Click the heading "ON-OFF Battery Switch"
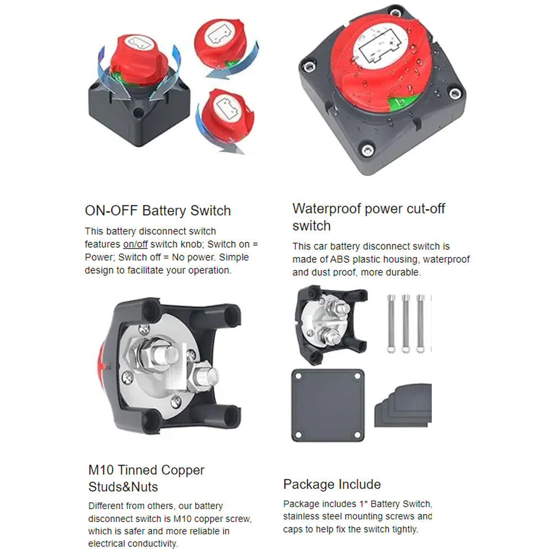pos(158,211)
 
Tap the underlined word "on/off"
pos(135,244)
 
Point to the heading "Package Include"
pos(332,484)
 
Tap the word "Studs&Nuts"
pos(123,487)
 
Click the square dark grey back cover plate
pos(327,405)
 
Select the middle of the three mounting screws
pos(405,324)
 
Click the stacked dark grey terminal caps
pos(403,406)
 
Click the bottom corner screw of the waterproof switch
pos(367,150)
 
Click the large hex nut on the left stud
pos(147,356)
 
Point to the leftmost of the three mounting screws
pos(391,324)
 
